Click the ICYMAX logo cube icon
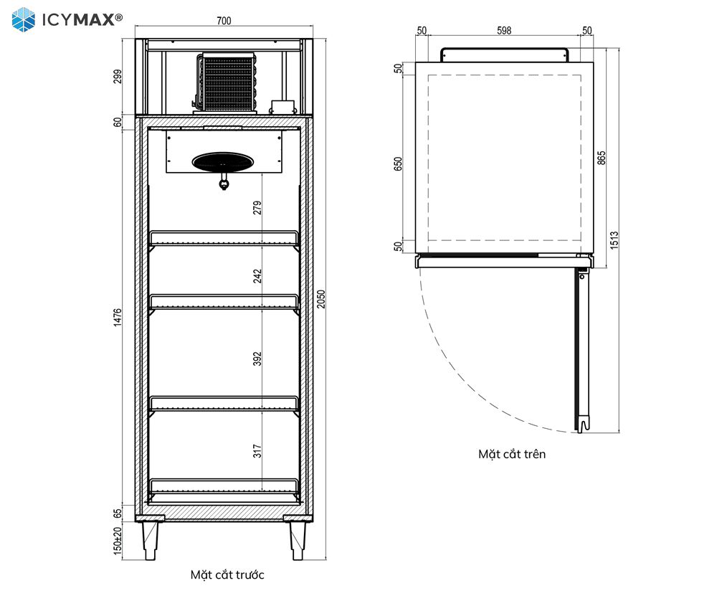pos(24,19)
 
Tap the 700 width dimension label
pos(224,21)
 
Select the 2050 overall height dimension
pos(321,299)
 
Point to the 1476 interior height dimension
pos(118,318)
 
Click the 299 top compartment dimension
pos(118,77)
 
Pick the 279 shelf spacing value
pos(257,207)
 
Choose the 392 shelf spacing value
pos(257,359)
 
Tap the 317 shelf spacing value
pos(257,451)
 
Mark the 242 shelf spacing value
pos(257,276)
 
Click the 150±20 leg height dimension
pos(118,541)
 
